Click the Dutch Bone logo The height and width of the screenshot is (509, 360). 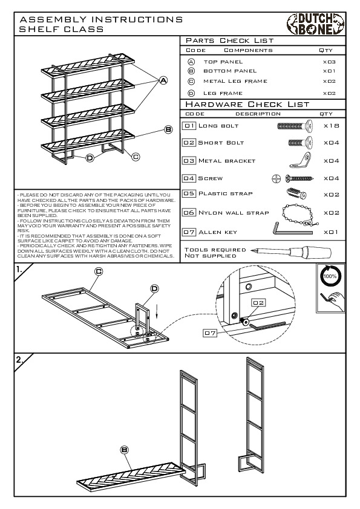[x=315, y=24]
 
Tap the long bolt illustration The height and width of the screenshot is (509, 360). [x=295, y=126]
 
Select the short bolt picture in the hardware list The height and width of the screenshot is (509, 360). [x=301, y=142]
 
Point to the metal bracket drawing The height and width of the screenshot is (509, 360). [x=300, y=160]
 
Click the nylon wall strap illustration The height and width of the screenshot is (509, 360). [x=299, y=214]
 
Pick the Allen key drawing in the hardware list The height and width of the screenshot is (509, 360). [x=292, y=229]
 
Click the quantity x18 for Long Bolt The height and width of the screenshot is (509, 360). [x=331, y=126]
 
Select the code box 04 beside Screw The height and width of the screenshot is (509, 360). [x=189, y=178]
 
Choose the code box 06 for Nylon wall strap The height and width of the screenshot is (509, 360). [x=189, y=213]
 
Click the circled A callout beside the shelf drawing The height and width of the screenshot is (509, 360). [x=163, y=80]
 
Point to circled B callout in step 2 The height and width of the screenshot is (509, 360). [x=125, y=450]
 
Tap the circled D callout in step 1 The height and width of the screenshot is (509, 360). [x=155, y=288]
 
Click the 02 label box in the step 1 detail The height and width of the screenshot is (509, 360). [x=258, y=302]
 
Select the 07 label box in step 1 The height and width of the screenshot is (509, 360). [x=210, y=332]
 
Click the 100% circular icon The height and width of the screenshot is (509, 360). [x=330, y=276]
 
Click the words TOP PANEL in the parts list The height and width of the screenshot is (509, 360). [x=223, y=62]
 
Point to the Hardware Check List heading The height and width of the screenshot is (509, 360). [x=247, y=104]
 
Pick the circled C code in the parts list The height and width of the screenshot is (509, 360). [x=191, y=82]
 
